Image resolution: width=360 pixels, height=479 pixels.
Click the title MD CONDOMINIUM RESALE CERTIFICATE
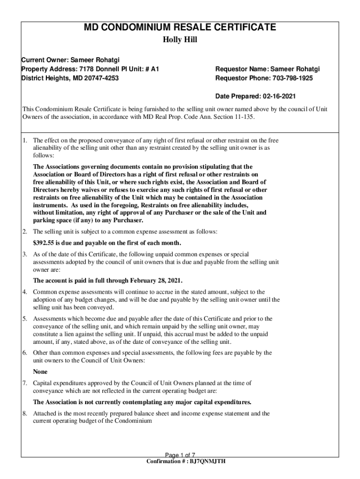180,28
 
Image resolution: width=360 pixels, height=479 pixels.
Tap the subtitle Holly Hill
180,40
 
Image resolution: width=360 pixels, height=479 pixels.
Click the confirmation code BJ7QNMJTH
207,461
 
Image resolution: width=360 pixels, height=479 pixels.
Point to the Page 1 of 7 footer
180,455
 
